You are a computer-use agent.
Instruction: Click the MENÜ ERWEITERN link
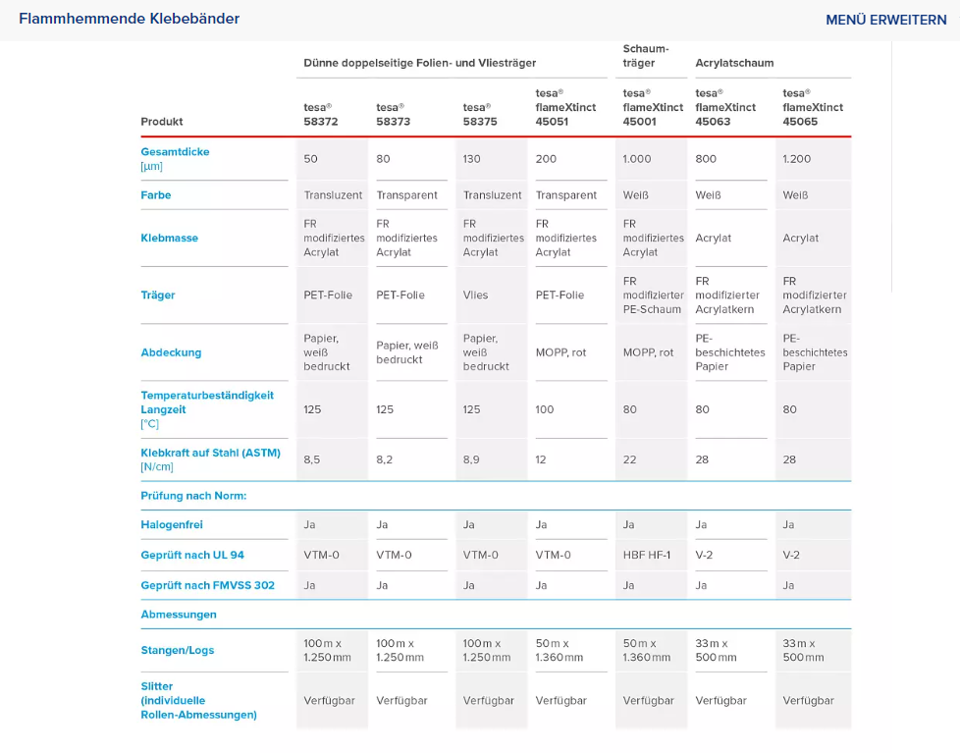point(886,20)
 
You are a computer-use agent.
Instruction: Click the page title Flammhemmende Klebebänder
point(130,19)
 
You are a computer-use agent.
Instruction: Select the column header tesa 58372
point(321,115)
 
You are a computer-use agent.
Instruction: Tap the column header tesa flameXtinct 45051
point(565,107)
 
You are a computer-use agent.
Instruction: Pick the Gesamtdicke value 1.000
point(637,159)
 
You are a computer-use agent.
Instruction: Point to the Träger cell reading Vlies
point(476,296)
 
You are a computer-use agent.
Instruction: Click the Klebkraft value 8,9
point(471,459)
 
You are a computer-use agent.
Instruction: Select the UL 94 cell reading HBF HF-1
point(647,556)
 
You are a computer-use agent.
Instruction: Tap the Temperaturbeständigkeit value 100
point(545,409)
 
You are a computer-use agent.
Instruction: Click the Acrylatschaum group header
point(734,63)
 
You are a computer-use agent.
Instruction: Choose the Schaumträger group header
point(646,56)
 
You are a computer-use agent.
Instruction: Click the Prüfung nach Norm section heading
point(193,496)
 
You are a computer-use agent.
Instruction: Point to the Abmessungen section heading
point(179,615)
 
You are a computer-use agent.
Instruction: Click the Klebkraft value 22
point(629,459)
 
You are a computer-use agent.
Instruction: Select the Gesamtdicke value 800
point(706,159)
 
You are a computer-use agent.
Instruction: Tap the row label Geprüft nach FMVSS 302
point(207,585)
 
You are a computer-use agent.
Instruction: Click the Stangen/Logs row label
point(178,650)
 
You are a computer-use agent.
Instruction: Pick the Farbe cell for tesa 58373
point(406,195)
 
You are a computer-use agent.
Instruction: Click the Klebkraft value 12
point(541,459)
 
